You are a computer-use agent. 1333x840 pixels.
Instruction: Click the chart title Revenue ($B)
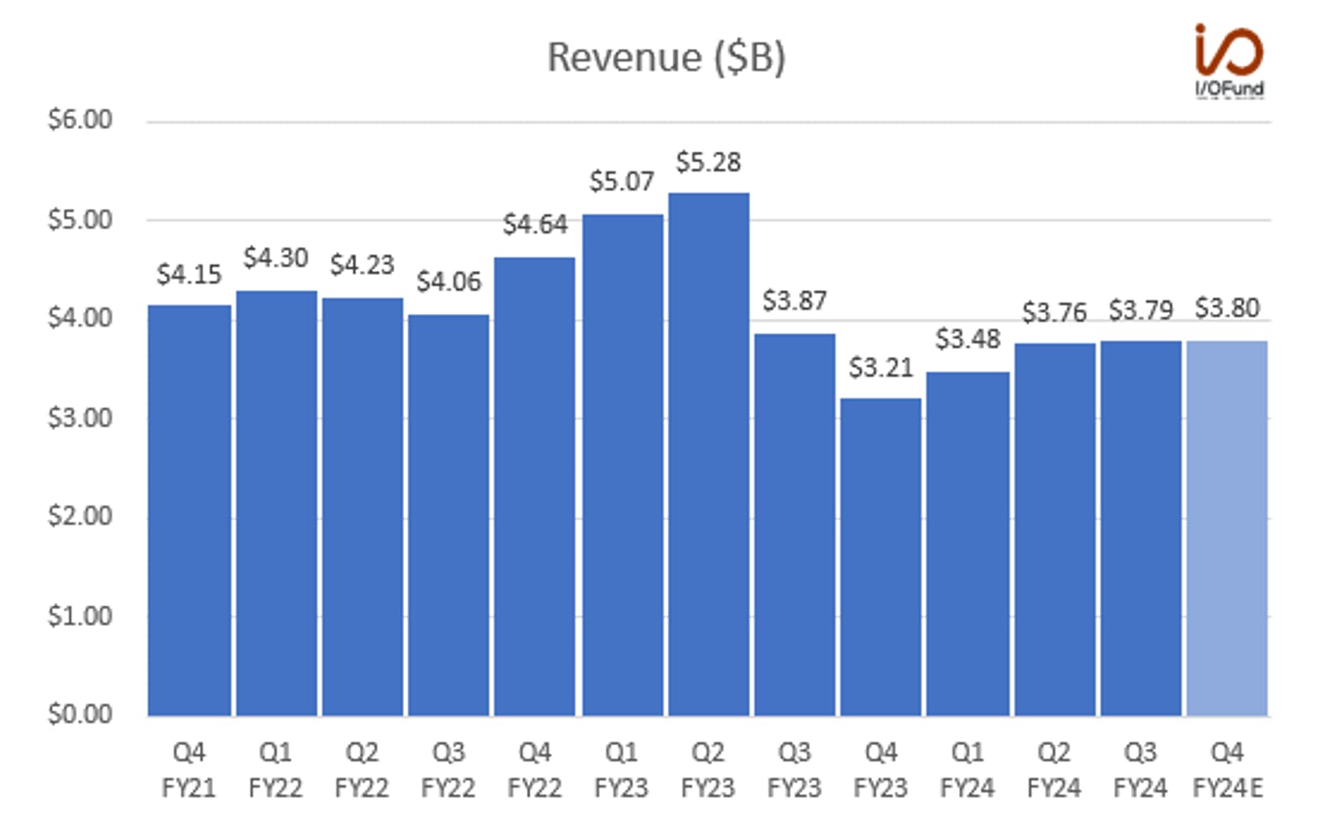pos(666,57)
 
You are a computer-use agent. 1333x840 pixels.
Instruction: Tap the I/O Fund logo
pos(1229,61)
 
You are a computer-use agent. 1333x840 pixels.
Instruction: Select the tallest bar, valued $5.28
pos(708,454)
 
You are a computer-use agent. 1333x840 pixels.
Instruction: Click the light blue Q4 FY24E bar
pos(1227,529)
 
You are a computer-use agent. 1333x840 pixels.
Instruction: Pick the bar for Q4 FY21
pos(189,511)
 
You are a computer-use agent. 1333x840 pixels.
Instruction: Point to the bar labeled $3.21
pos(880,558)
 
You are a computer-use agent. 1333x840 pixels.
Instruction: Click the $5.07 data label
pos(622,181)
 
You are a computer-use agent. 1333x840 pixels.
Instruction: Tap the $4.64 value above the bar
pos(535,224)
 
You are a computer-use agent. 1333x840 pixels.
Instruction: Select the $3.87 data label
pos(795,300)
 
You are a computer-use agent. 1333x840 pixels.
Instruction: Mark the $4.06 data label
pos(448,281)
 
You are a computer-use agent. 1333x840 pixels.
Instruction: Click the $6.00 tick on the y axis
pos(80,120)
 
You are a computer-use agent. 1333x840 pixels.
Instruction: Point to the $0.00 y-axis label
pos(80,714)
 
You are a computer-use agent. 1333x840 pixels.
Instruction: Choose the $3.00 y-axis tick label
pos(80,417)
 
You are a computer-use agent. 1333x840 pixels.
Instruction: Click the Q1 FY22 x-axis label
pos(275,771)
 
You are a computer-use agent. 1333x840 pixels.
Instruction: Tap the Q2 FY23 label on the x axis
pos(708,771)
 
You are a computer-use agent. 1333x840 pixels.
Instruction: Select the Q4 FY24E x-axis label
pos(1228,771)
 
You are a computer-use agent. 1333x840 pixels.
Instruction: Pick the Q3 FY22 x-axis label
pos(448,771)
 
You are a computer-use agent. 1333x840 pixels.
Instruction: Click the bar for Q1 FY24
pos(968,544)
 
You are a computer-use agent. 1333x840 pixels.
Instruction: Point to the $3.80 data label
pos(1227,308)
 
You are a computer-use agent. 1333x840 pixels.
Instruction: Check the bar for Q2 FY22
pos(363,507)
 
